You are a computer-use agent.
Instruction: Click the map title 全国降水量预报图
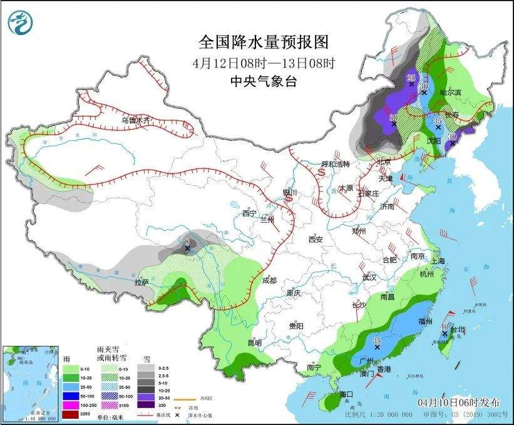pyautogui.click(x=263, y=42)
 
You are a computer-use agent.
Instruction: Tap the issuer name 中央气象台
pyautogui.click(x=263, y=81)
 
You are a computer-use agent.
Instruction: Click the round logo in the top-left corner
pyautogui.click(x=19, y=23)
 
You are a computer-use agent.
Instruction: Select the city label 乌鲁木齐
pyautogui.click(x=136, y=120)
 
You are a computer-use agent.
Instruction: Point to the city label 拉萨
pyautogui.click(x=141, y=282)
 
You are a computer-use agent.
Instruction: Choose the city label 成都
pyautogui.click(x=269, y=281)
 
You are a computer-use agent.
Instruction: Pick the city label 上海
pyautogui.click(x=438, y=261)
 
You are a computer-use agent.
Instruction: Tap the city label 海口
pyautogui.click(x=347, y=394)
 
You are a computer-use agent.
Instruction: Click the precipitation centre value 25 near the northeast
pyautogui.click(x=411, y=77)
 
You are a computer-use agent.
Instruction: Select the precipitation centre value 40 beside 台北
pyautogui.click(x=445, y=327)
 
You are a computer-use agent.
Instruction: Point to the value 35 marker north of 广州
pyautogui.click(x=376, y=341)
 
